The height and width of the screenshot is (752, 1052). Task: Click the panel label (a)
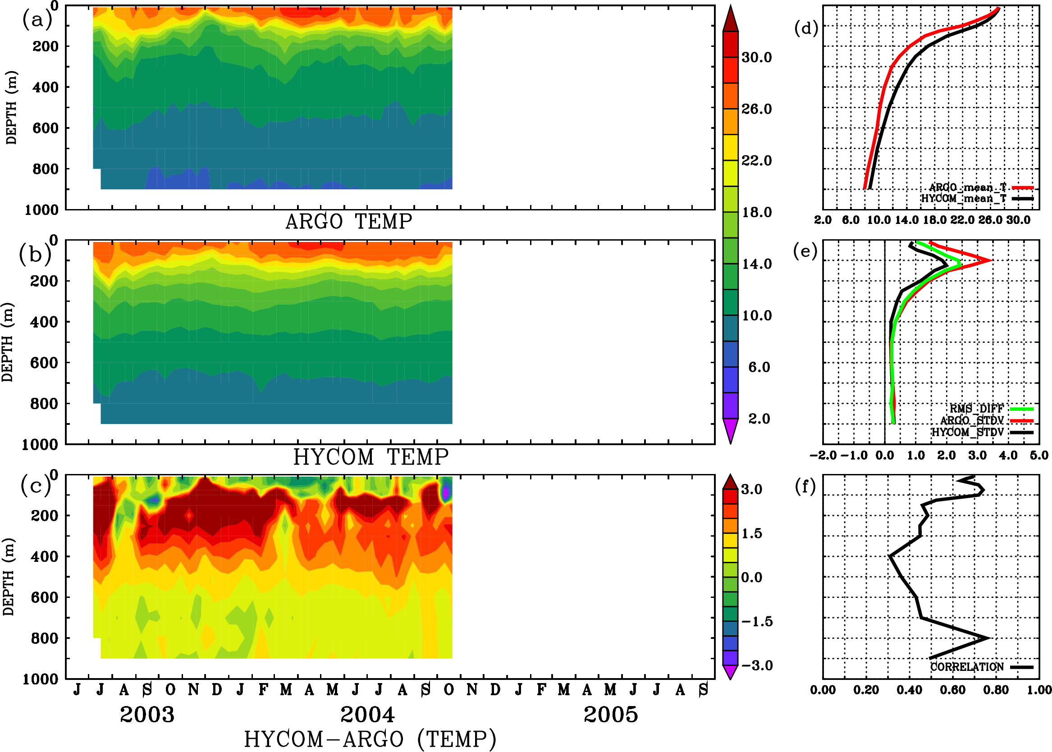click(37, 20)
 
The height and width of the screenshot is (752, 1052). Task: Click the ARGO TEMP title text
click(348, 222)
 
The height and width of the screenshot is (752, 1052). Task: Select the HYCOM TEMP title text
click(370, 457)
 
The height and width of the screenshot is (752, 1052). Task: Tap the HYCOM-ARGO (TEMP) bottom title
click(370, 739)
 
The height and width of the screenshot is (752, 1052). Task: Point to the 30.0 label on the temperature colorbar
click(756, 57)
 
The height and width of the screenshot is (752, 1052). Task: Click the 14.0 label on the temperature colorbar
click(756, 264)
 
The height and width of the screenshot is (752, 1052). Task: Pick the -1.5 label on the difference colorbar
click(756, 621)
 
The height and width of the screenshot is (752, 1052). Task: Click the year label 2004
click(367, 715)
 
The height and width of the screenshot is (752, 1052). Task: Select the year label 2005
click(611, 715)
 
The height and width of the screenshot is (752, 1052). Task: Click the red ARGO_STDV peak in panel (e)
click(990, 261)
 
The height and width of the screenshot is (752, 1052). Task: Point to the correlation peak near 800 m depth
click(988, 638)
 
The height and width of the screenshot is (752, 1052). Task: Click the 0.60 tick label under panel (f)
click(952, 690)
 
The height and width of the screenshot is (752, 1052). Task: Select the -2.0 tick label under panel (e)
click(823, 456)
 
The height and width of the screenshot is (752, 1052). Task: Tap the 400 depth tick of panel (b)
click(44, 322)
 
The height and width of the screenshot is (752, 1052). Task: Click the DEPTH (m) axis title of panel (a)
click(11, 107)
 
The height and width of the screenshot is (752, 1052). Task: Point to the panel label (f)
click(805, 486)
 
